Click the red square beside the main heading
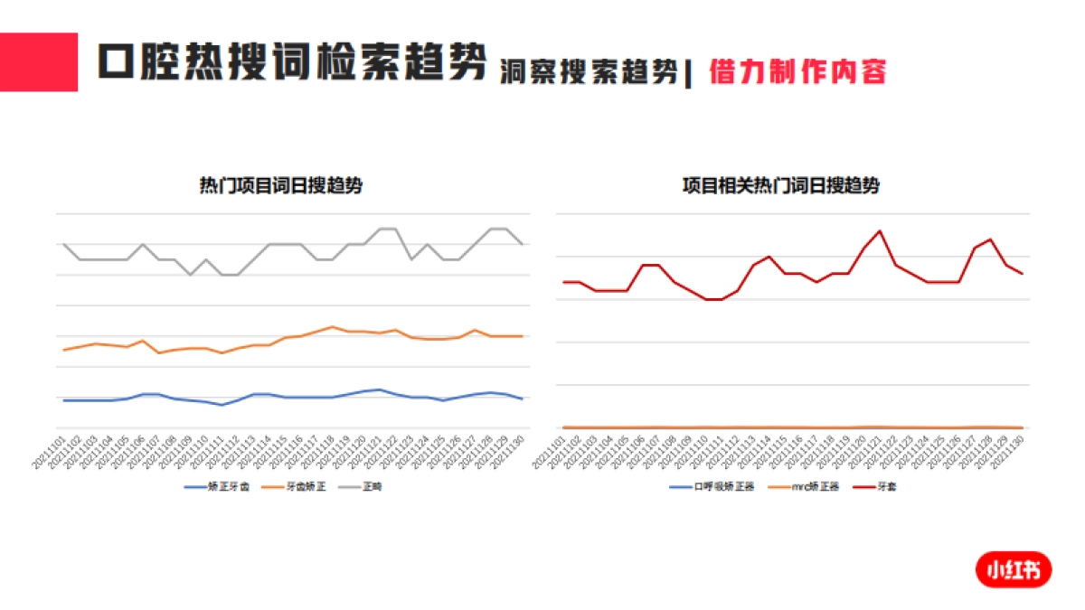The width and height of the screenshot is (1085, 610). point(39,61)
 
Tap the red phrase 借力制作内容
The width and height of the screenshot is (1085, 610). point(797,71)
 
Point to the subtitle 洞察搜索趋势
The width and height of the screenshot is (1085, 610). point(589,72)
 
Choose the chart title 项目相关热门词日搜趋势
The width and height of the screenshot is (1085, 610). point(779,186)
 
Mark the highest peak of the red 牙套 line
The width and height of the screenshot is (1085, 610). point(880,231)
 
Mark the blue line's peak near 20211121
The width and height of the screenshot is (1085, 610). point(380,389)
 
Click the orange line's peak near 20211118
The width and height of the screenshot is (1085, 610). point(333,326)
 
